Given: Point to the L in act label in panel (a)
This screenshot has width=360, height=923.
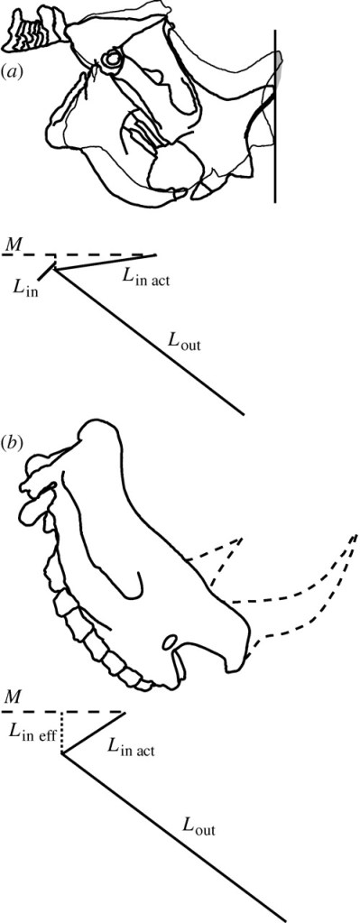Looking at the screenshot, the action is click(x=146, y=279).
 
